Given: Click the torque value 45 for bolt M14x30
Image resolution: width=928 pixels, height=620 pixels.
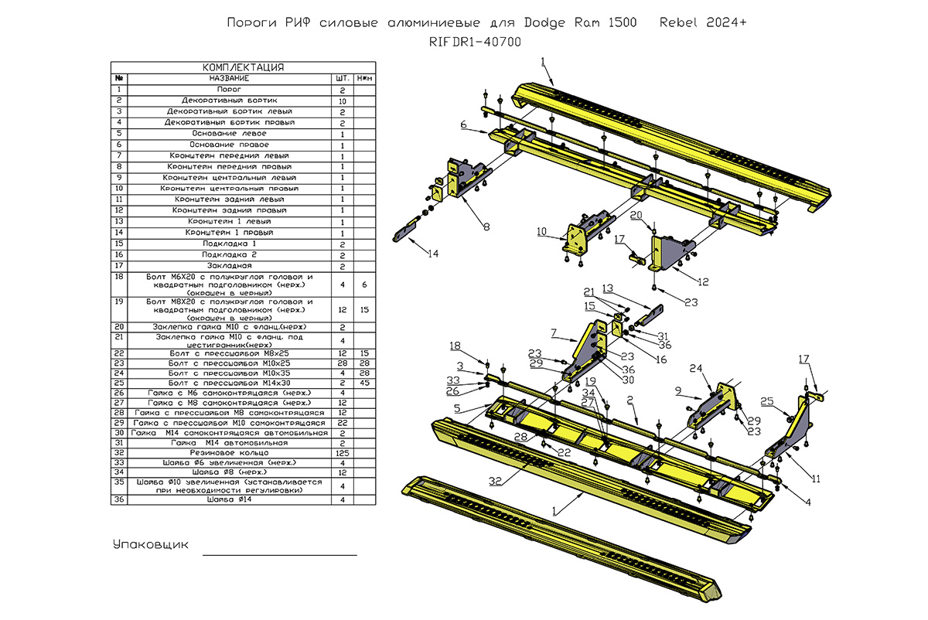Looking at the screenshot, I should click(364, 382).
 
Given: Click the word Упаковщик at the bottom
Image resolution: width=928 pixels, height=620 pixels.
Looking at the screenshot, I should click(151, 544).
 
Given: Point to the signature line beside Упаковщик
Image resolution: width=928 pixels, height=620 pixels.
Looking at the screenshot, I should click(280, 554).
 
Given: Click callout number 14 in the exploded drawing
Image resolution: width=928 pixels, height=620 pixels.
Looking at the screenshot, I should click(433, 254).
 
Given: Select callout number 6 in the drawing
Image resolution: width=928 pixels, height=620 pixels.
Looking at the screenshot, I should click(462, 124).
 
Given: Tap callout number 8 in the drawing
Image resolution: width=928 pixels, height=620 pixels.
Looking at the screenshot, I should click(486, 227).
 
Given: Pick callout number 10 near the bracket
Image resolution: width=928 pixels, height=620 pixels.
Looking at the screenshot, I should click(541, 231).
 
